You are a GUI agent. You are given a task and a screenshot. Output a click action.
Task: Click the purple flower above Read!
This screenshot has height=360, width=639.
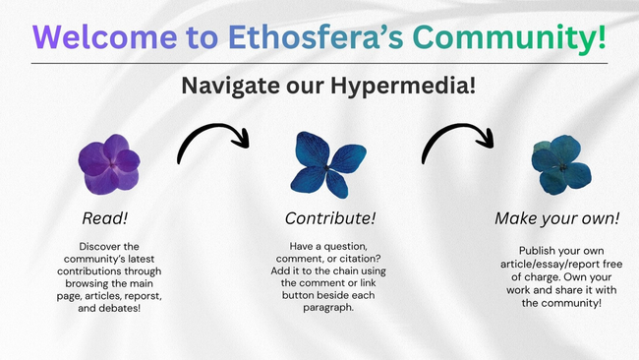coord(109,164)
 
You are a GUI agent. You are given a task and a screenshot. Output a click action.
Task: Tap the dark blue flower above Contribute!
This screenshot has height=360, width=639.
coord(328,164)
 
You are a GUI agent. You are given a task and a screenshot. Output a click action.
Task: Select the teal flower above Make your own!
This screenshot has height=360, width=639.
coord(561,164)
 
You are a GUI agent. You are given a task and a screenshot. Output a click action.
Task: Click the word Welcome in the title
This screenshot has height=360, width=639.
coord(105,37)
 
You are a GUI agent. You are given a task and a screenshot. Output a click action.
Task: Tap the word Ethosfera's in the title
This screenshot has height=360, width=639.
coord(316,37)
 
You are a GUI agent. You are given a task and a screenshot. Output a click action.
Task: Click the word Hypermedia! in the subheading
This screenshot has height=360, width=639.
coord(403,86)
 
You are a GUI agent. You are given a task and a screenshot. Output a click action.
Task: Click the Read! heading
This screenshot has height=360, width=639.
coord(105,218)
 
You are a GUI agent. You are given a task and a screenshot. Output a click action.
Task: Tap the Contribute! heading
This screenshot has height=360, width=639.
coord(330,218)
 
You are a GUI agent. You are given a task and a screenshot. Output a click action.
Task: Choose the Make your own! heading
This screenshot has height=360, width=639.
coord(557,218)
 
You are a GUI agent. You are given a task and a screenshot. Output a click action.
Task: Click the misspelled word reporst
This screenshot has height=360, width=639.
coord(144,296)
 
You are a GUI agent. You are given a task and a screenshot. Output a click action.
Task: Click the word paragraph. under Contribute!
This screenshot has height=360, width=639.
coord(328,308)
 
